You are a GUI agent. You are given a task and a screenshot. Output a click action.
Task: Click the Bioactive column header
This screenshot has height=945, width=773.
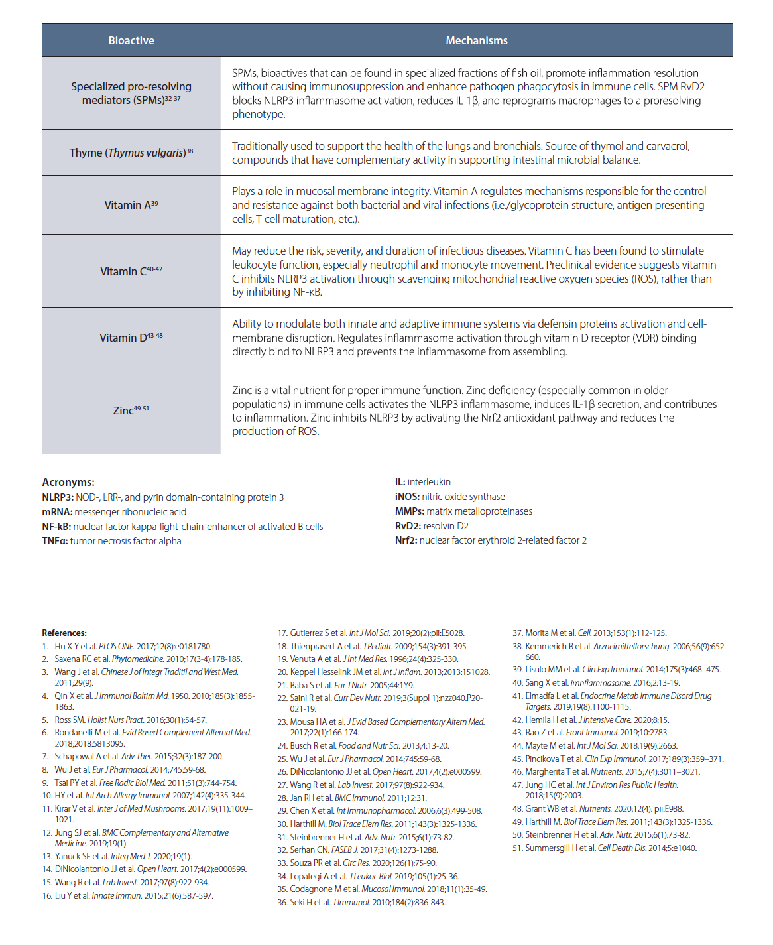[x=131, y=40]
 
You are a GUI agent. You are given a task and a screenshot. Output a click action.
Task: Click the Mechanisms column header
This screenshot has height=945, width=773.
[x=476, y=40]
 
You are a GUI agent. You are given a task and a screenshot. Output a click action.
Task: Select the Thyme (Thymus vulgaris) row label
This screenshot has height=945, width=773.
[x=131, y=153]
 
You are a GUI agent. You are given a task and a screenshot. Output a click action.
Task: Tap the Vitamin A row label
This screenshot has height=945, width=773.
[x=131, y=205]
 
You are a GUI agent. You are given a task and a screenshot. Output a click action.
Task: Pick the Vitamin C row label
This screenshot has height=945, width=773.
[x=131, y=271]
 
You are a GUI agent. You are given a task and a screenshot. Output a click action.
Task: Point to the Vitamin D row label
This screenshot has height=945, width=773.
[x=131, y=337]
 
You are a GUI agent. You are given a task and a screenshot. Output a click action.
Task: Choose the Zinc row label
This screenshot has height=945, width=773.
[x=131, y=410]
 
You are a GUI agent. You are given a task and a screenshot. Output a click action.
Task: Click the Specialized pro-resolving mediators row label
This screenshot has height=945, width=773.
[x=131, y=93]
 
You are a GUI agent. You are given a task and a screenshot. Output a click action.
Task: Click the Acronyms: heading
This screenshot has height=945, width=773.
[x=68, y=482]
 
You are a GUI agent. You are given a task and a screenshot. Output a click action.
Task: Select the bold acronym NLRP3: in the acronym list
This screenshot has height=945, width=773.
[x=57, y=497]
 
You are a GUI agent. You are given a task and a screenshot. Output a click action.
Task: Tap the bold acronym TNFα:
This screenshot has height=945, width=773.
[x=55, y=541]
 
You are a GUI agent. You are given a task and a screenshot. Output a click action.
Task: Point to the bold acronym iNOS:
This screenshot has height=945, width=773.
[x=407, y=497]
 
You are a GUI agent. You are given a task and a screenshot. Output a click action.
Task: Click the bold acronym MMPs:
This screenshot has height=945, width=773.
[x=409, y=511]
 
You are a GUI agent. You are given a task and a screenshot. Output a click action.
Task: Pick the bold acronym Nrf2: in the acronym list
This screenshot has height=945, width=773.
[x=406, y=540]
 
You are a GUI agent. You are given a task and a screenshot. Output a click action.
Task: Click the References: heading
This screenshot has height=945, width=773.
[x=64, y=633]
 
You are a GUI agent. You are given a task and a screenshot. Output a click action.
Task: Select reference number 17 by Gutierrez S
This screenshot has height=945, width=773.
[x=371, y=633]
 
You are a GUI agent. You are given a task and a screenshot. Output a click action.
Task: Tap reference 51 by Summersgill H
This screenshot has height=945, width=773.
[x=604, y=848]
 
